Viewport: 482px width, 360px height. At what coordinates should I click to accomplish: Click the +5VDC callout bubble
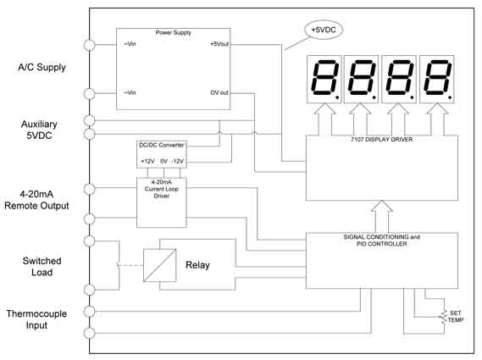coord(324,30)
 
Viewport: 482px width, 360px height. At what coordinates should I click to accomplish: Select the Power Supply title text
coord(173,32)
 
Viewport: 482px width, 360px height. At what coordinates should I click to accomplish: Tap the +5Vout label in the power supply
coord(219,44)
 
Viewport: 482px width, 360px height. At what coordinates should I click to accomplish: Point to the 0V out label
coord(219,92)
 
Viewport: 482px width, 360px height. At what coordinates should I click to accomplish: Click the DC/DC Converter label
coord(162,145)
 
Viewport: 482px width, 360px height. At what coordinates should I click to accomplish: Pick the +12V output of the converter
coord(147,161)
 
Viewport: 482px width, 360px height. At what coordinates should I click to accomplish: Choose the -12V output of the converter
coord(177,161)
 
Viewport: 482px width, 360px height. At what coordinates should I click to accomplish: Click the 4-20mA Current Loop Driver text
coord(162,189)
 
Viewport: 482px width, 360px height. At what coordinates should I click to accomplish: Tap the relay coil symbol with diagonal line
coord(160,265)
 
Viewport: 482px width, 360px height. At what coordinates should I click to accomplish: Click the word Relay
coord(197,265)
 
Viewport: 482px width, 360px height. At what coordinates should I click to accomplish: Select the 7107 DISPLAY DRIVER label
coord(382,139)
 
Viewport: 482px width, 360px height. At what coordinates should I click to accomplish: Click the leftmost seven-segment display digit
coord(324,80)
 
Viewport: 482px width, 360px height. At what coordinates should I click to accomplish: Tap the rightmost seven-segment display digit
coord(437,80)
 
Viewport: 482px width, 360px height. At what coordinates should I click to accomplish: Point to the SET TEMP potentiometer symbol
coord(444,318)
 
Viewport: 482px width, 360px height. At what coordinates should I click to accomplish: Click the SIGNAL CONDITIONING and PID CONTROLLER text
coord(382,241)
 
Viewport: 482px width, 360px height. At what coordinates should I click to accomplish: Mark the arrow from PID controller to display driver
coord(382,217)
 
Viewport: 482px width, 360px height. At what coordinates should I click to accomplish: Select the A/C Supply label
coord(42,67)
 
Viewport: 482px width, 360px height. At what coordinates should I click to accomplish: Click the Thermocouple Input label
coord(36,319)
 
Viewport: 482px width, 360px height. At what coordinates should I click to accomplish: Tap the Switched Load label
coord(42,267)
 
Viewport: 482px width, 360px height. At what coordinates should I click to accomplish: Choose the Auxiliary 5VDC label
coord(39,130)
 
